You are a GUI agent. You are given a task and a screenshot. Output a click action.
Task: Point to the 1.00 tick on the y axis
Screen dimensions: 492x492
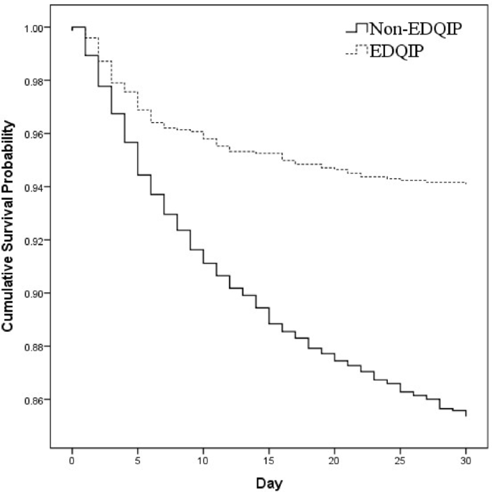(37, 28)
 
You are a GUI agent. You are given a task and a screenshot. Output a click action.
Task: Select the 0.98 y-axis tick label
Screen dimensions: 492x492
(37, 81)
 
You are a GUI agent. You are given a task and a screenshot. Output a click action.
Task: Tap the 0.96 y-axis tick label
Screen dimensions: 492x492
(37, 134)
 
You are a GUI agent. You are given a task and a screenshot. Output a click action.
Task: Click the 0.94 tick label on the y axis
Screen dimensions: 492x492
(37, 187)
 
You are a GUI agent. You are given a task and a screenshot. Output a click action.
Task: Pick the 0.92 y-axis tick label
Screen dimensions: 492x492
(37, 241)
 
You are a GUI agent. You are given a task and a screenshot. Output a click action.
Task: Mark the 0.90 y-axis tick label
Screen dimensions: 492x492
(37, 294)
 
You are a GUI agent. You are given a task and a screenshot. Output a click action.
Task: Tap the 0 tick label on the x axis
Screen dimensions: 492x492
(73, 458)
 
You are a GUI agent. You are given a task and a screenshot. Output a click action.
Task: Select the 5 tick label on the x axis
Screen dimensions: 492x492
(138, 458)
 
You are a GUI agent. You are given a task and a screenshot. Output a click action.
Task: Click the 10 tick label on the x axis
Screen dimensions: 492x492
(203, 458)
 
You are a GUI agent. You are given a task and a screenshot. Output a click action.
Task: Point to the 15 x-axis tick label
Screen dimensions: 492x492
(269, 458)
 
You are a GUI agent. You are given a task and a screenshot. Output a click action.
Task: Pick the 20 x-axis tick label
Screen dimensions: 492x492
(335, 458)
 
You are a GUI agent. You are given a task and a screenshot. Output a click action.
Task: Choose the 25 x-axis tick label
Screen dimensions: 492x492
(401, 458)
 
